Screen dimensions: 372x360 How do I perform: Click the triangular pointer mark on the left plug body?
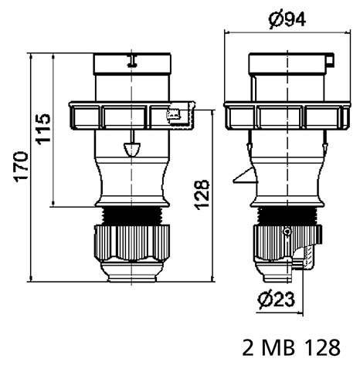(132, 146)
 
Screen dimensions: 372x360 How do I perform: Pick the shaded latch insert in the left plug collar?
(175, 116)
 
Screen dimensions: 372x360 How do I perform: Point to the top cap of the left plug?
(132, 73)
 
